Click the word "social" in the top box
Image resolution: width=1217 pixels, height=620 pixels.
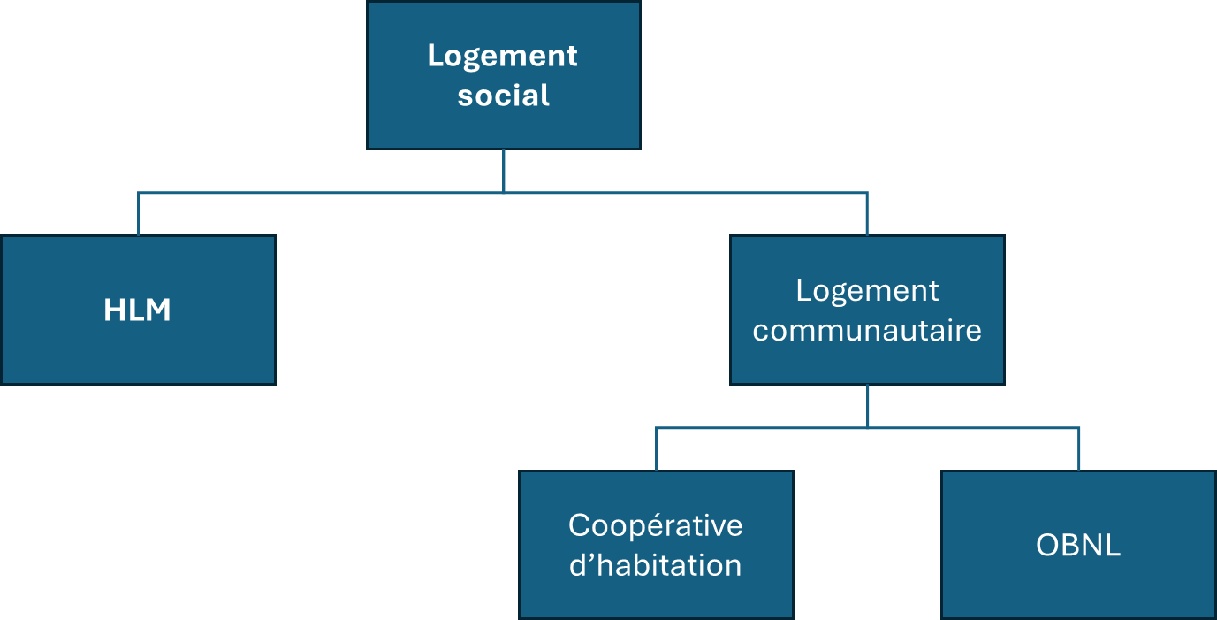[503, 96]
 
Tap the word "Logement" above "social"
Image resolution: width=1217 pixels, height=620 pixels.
[502, 57]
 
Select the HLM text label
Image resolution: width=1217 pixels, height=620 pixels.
[138, 310]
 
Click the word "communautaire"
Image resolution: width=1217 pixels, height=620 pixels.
[867, 331]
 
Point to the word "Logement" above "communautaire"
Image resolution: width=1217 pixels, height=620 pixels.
[867, 292]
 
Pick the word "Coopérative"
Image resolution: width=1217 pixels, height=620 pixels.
[655, 526]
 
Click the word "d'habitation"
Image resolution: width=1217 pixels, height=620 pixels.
[655, 566]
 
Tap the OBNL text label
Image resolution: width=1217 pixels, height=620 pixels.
[1078, 545]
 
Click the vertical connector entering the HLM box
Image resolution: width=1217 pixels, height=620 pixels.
[138, 214]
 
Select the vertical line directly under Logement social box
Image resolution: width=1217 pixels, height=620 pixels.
[504, 171]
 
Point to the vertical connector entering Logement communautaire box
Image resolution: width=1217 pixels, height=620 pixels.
[867, 214]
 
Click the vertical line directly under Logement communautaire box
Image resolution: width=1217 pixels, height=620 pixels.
[867, 406]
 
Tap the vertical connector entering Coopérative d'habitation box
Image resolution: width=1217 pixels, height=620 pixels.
[657, 449]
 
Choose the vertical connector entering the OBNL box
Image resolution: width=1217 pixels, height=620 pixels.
[1078, 449]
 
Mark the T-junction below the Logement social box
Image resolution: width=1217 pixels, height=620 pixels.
[504, 193]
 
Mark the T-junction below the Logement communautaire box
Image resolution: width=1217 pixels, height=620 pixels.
[867, 428]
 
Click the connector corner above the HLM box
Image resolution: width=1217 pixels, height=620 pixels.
[138, 193]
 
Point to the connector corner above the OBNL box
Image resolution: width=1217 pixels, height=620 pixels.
[1078, 428]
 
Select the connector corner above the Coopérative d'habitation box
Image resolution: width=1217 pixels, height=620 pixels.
[657, 428]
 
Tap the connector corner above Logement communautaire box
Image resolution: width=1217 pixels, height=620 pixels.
[867, 193]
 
